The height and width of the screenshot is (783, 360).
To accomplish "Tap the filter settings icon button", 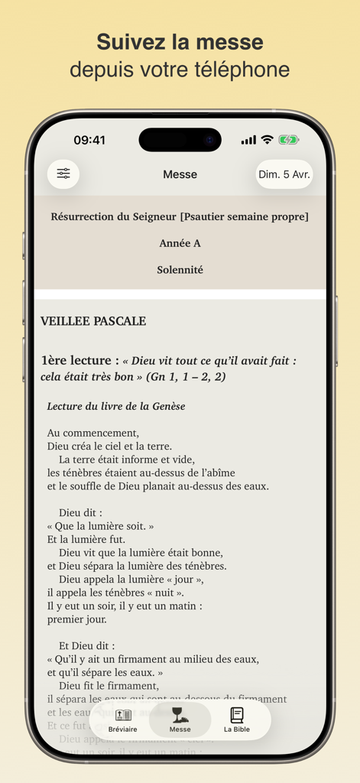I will pyautogui.click(x=63, y=174).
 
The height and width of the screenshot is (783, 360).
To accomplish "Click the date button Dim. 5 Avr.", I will pyautogui.click(x=284, y=174).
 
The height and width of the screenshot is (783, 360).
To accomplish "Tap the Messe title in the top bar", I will pyautogui.click(x=180, y=174).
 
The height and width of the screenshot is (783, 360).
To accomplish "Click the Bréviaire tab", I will pyautogui.click(x=123, y=720).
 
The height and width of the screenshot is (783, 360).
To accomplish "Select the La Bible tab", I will pyautogui.click(x=237, y=720).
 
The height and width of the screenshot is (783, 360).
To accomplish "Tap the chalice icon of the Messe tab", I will pyautogui.click(x=180, y=714).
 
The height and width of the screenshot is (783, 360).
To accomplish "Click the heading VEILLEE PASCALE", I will pyautogui.click(x=93, y=321).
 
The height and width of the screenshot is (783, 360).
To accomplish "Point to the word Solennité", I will pyautogui.click(x=180, y=269).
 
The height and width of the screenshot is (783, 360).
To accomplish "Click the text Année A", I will pyautogui.click(x=180, y=243).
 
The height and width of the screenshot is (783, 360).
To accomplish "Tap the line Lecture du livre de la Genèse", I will pyautogui.click(x=116, y=406).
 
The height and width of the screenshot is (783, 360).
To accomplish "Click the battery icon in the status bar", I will pyautogui.click(x=288, y=140).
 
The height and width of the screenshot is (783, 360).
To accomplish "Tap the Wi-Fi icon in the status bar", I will pyautogui.click(x=267, y=140).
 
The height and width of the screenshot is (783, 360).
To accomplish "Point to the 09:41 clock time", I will pyautogui.click(x=89, y=140).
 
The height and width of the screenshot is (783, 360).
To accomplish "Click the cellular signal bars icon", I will pyautogui.click(x=248, y=140).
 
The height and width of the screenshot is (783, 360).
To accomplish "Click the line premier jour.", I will pyautogui.click(x=76, y=619).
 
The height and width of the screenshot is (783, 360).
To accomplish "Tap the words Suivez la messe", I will pyautogui.click(x=180, y=41).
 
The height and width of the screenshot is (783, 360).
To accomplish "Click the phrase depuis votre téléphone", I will pyautogui.click(x=180, y=70).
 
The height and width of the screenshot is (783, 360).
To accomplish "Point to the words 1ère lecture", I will pyautogui.click(x=79, y=360).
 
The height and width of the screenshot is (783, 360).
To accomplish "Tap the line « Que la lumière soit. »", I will pyautogui.click(x=100, y=526).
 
